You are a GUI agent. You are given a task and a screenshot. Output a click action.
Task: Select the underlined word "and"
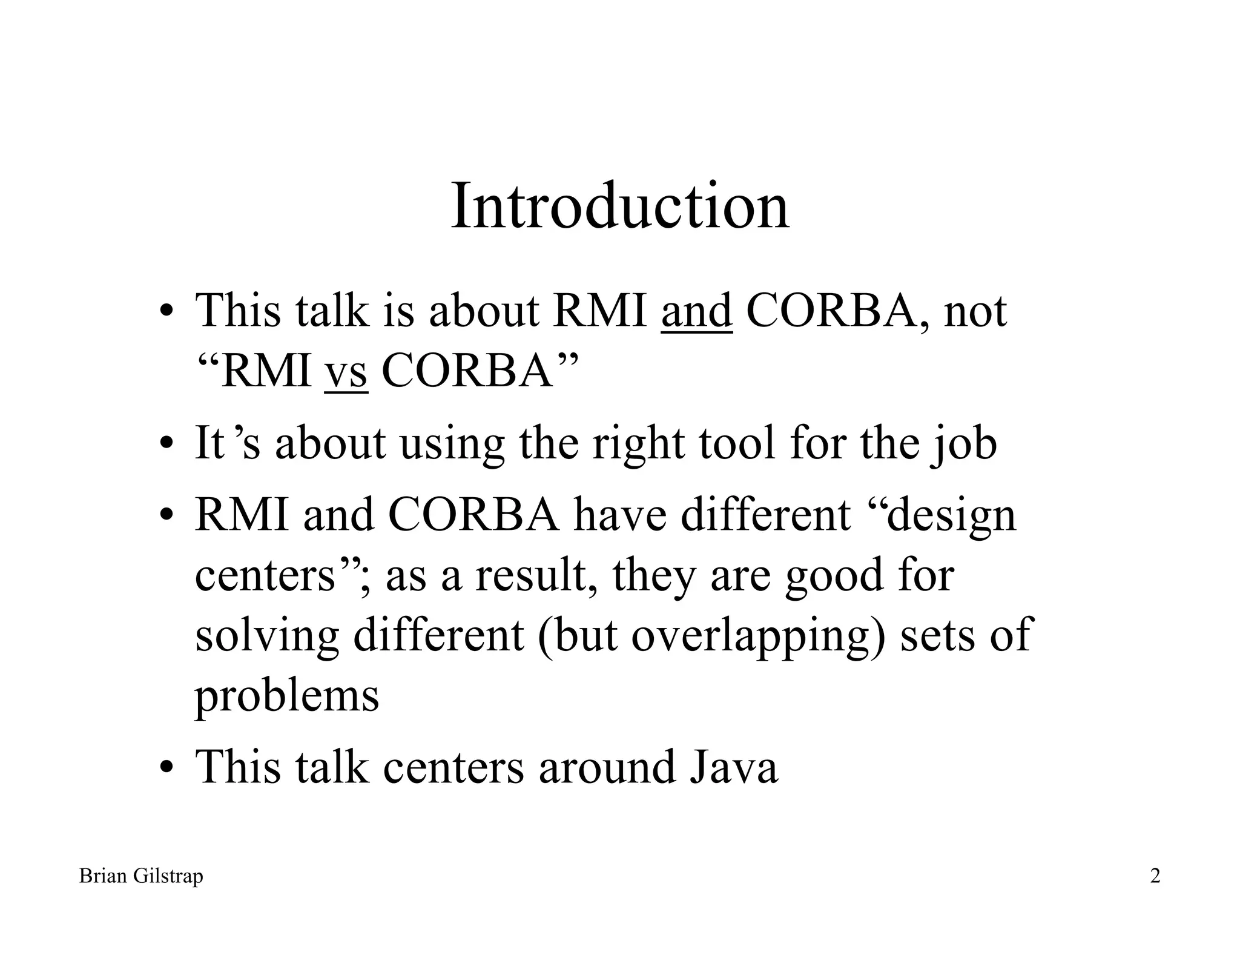click(696, 311)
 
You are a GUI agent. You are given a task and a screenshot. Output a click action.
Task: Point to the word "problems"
click(287, 696)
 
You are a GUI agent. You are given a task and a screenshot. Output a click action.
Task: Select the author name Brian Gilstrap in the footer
click(141, 876)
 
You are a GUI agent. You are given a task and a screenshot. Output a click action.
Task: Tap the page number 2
click(1155, 876)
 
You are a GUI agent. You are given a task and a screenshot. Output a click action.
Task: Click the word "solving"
click(266, 636)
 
